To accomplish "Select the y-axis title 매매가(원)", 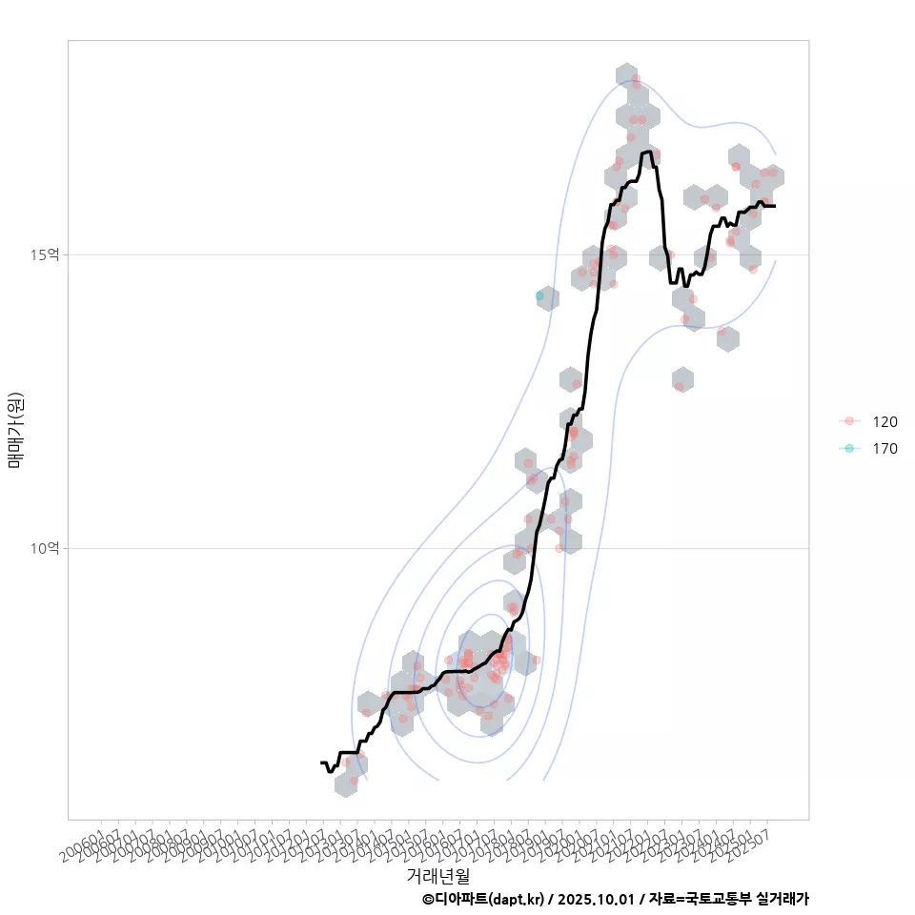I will click(x=15, y=429).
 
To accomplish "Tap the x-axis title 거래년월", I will click(x=438, y=874).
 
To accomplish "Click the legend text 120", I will click(x=884, y=421).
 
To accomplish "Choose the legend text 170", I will click(x=884, y=448).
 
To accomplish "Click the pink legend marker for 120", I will click(x=849, y=421).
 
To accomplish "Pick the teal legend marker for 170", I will click(x=849, y=448).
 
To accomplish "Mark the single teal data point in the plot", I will click(x=539, y=296).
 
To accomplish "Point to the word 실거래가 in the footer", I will click(x=782, y=899).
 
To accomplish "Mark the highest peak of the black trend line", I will click(x=649, y=152).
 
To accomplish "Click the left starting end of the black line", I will click(x=321, y=762).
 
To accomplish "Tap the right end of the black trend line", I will click(x=775, y=206).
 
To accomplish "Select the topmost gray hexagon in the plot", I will click(x=626, y=75).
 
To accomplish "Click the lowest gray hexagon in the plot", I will click(x=347, y=784).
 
